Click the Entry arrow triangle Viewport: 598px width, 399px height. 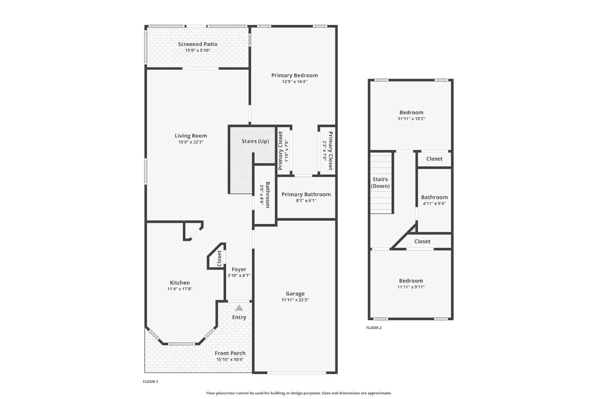coord(239,308)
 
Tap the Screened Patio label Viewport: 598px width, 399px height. coord(198,44)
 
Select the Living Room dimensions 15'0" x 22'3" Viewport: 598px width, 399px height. coord(191,142)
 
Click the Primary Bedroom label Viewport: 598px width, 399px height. coord(295,75)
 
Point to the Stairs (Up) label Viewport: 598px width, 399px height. coord(255,141)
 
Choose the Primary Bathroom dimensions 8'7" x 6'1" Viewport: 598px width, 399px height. coord(306,200)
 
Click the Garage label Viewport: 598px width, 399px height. coord(295,294)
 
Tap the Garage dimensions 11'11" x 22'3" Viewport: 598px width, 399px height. coord(295,300)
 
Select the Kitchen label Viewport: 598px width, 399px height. coord(180,283)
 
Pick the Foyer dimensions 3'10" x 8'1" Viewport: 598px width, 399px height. coord(239,275)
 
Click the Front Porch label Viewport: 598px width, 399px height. coord(230,353)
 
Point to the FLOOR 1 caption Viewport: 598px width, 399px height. coord(150,382)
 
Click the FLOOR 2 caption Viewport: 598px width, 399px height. coord(374,328)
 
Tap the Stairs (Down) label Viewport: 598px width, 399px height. coord(380,183)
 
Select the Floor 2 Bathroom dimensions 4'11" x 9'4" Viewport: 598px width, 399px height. coord(434,203)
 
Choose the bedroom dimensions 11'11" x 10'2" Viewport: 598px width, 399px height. coord(411,119)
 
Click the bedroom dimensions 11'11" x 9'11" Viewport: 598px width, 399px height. coord(411,287)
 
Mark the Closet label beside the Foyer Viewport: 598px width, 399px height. coord(219,258)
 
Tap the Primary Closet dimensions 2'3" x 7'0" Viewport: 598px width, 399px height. coord(325,151)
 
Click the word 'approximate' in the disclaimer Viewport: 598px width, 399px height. coord(379,393)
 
